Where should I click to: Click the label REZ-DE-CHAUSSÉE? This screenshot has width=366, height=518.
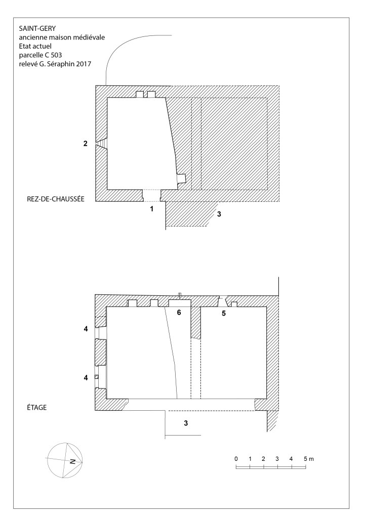point(56,199)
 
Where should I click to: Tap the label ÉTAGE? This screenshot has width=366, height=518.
point(36,407)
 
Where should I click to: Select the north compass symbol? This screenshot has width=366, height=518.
point(64,460)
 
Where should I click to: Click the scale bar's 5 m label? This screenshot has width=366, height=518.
point(309,458)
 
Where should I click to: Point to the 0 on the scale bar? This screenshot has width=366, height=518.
point(236,458)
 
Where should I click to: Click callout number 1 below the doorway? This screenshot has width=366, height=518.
point(152,209)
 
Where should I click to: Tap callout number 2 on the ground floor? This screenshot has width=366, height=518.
point(86,143)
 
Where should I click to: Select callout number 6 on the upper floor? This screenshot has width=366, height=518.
point(179,312)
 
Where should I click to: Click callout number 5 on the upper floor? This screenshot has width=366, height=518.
point(224,314)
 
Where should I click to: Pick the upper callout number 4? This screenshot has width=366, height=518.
point(86,329)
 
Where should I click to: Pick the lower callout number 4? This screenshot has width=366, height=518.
point(86,377)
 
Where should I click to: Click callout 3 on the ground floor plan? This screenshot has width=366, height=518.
point(219,214)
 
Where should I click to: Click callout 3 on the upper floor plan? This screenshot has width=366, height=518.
point(186,423)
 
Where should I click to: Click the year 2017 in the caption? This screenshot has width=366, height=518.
point(85,64)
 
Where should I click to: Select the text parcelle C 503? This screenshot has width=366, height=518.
point(40,55)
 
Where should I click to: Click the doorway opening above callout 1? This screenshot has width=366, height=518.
point(152,195)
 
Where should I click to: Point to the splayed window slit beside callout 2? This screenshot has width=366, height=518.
point(102,144)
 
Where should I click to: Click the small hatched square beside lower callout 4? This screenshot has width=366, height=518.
point(97,376)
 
